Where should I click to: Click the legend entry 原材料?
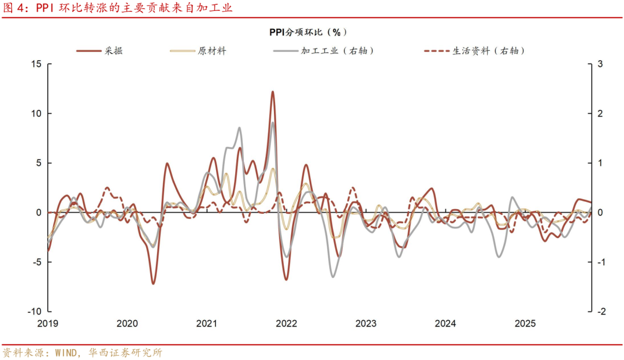pyautogui.click(x=211, y=51)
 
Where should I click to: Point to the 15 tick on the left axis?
pyautogui.click(x=36, y=64)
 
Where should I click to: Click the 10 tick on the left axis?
pyautogui.click(x=36, y=113)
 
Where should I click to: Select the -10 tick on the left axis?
pyautogui.click(x=34, y=311)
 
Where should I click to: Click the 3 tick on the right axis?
pyautogui.click(x=600, y=64)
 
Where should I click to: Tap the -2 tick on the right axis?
pyautogui.click(x=600, y=311)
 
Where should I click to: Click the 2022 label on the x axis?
pyautogui.click(x=286, y=324)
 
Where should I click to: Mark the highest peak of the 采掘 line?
pyautogui.click(x=272, y=91)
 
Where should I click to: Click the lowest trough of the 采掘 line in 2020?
pyautogui.click(x=153, y=283)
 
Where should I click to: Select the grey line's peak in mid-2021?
pyautogui.click(x=239, y=128)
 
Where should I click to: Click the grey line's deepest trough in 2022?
pyautogui.click(x=333, y=276)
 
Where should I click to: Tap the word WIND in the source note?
pyautogui.click(x=69, y=352)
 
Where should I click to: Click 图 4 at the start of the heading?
pyautogui.click(x=15, y=8)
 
